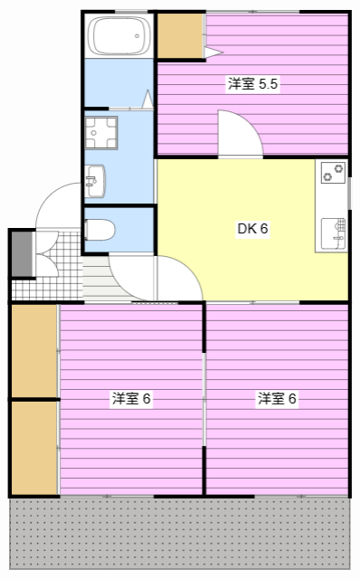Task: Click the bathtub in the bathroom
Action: click(x=118, y=36)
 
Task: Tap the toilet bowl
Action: click(x=99, y=230)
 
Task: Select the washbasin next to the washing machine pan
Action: click(x=95, y=181)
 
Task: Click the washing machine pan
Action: click(x=100, y=133)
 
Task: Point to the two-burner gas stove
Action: click(x=333, y=173)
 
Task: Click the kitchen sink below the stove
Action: click(x=333, y=233)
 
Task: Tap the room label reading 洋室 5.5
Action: click(x=252, y=84)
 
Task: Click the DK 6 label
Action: click(x=252, y=229)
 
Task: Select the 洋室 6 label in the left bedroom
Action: click(x=131, y=399)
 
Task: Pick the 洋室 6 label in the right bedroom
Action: click(x=277, y=399)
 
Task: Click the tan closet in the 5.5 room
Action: click(x=180, y=36)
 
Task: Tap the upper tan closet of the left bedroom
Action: click(x=34, y=351)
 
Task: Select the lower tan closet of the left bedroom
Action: click(x=34, y=448)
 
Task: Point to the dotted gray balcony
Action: click(x=179, y=533)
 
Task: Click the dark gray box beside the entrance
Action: click(x=23, y=253)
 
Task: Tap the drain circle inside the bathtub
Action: click(x=137, y=36)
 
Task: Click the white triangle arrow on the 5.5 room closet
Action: click(x=213, y=52)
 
